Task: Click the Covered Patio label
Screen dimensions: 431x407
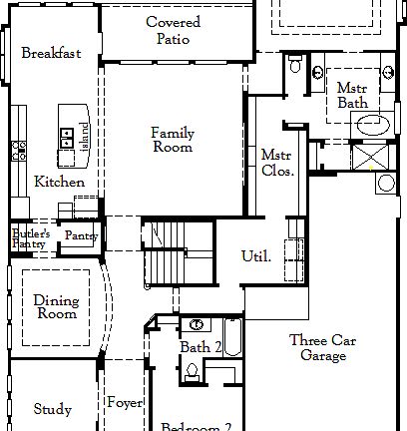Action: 173,30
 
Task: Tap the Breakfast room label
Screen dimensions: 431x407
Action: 51,53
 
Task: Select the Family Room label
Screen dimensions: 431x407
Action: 172,140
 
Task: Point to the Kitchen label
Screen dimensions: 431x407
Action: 59,183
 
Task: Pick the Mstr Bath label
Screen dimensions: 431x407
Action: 352,96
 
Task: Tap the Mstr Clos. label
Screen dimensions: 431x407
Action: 276,163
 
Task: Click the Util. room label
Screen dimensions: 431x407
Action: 256,256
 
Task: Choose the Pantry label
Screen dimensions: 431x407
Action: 79,235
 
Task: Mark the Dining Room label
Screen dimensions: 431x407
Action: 56,306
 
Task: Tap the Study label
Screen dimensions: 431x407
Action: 52,408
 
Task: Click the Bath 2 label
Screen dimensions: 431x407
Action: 201,347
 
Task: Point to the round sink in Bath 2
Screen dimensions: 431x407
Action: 198,325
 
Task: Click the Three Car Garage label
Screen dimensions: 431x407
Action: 318,348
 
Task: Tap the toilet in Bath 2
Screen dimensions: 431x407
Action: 193,373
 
